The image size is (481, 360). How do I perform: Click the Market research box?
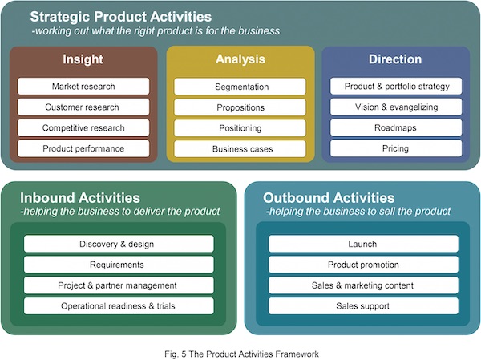click(83, 86)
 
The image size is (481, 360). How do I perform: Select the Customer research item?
click(83, 107)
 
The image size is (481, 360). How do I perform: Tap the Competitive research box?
click(83, 127)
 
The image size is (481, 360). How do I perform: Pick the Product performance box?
click(83, 148)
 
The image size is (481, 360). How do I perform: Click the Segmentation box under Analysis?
click(240, 86)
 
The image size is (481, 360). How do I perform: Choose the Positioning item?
click(240, 127)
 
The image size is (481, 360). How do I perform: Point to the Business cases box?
click(240, 148)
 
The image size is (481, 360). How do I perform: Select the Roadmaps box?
click(396, 127)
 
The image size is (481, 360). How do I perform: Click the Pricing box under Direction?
click(396, 148)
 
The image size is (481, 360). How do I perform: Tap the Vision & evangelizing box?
click(396, 107)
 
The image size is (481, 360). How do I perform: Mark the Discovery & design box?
click(119, 244)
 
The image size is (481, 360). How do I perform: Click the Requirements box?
click(119, 265)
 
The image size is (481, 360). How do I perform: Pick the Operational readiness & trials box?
click(119, 306)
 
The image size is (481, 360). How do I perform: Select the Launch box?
click(363, 244)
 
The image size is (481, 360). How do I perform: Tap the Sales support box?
click(363, 306)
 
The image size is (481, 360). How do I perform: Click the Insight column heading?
click(83, 59)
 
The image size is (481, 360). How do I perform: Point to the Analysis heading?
click(240, 59)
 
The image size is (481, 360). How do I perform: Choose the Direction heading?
click(395, 59)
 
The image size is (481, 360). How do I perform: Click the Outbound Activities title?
click(329, 198)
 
